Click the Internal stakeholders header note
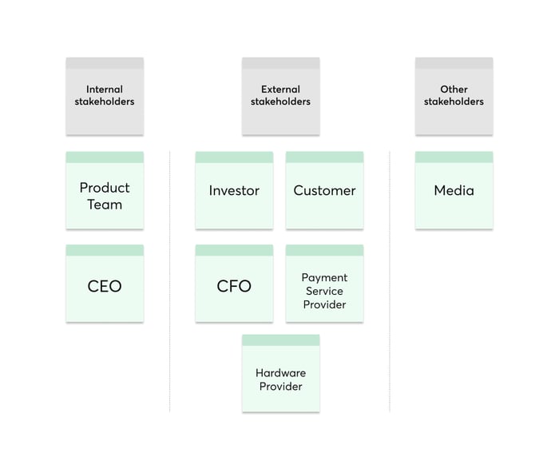(x=105, y=96)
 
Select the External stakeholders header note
(x=280, y=96)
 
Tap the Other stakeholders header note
(x=454, y=96)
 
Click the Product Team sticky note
(x=105, y=196)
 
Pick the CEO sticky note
(x=105, y=286)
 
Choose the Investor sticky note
(x=234, y=191)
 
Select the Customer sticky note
(x=324, y=191)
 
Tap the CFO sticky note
(x=234, y=286)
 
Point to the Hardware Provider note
(x=280, y=380)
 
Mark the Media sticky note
(x=454, y=191)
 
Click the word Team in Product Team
(x=105, y=205)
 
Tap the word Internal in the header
(x=105, y=89)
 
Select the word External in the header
(x=280, y=89)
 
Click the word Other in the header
(x=454, y=89)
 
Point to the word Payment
(x=324, y=278)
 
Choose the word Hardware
(x=280, y=373)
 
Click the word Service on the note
(x=324, y=291)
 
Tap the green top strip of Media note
(x=454, y=157)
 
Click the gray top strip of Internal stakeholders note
(x=105, y=62)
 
